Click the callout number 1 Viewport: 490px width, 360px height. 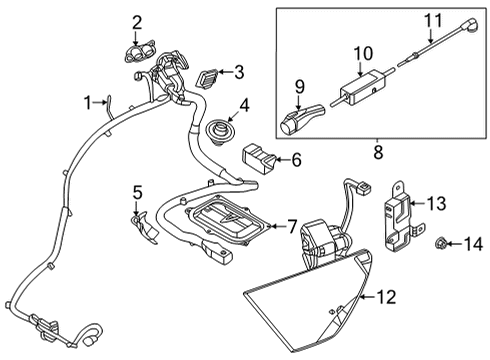pyautogui.click(x=88, y=101)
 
